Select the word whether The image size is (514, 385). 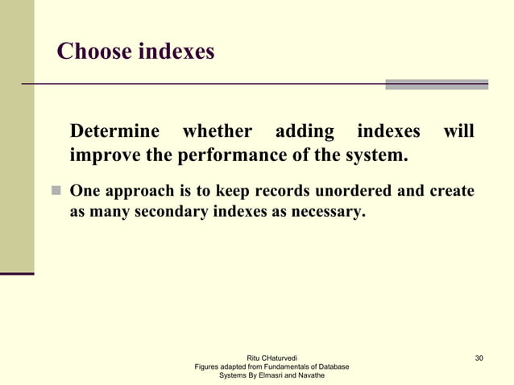(218, 131)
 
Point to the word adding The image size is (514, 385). (305, 131)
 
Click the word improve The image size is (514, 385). (105, 155)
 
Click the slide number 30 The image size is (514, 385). (479, 358)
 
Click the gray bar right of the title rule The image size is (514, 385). (437, 84)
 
